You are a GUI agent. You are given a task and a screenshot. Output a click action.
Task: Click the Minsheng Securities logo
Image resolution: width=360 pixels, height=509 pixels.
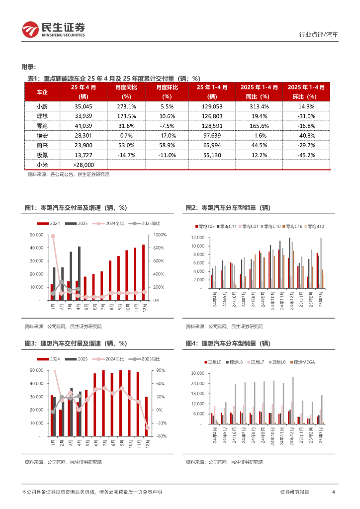coord(54,29)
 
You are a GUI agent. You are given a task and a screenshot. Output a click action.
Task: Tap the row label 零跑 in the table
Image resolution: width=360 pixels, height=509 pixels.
coord(42,126)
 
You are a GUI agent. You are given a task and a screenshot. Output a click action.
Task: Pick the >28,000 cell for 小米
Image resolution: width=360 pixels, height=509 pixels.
coord(84,165)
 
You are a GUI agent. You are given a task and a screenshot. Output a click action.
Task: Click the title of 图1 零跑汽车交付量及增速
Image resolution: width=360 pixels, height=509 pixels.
coord(76,208)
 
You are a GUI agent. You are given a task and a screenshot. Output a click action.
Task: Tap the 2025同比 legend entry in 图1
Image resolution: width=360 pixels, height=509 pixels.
coord(147,224)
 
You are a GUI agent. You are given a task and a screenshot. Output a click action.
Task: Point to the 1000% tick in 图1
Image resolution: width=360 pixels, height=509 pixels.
coord(160,235)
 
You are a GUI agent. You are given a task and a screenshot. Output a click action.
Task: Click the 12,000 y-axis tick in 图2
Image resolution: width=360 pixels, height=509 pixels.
coord(197,238)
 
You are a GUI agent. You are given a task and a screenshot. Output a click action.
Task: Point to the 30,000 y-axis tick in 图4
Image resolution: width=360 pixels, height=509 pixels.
coord(197,373)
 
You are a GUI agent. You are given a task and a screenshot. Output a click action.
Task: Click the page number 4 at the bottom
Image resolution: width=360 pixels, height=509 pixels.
coord(333,492)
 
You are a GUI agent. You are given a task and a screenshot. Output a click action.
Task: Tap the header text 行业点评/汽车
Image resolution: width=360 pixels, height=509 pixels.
coord(319,35)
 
